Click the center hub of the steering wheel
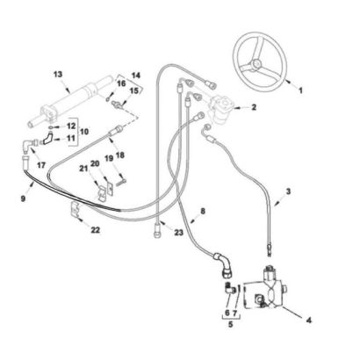[256, 63]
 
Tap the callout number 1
[300, 90]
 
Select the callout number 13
[58, 75]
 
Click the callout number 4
[308, 320]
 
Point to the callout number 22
[95, 230]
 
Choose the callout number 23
[178, 233]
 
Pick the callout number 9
[24, 198]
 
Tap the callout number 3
[288, 191]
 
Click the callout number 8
[203, 211]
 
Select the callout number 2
[254, 107]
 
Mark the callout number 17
[41, 165]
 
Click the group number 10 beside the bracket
[84, 132]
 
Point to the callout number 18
[120, 155]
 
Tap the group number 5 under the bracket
[231, 325]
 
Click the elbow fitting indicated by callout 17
[28, 146]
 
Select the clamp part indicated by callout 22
[76, 209]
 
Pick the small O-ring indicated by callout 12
[50, 126]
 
